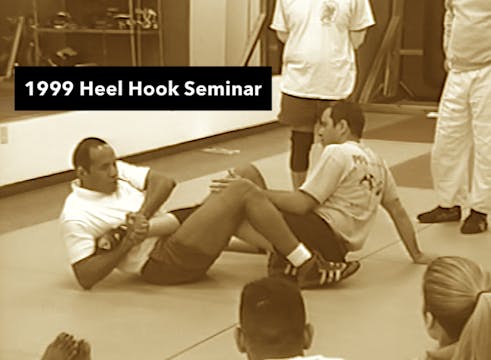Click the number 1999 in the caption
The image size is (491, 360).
point(49,89)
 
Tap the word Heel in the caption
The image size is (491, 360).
point(105,89)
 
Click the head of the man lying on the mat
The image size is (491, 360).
point(91,163)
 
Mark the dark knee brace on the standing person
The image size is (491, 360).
point(301,149)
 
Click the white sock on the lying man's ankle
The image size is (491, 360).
point(299,255)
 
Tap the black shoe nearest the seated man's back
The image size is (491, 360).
point(440,213)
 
